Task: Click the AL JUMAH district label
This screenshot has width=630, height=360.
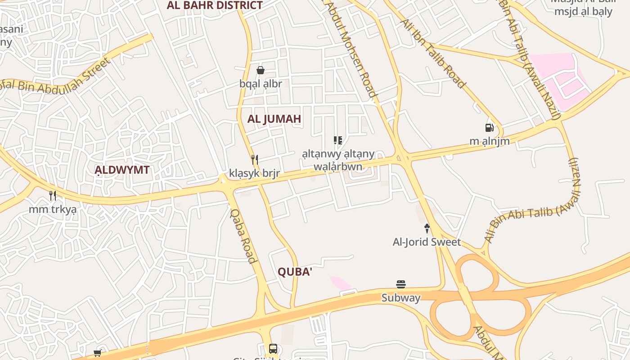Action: coord(274,119)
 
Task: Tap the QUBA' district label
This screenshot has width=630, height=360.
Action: coord(295,272)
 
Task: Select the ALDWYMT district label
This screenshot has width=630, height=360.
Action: coord(122,170)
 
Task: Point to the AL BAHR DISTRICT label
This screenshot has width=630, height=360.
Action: coord(215,5)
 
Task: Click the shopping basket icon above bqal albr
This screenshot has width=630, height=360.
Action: coord(261,70)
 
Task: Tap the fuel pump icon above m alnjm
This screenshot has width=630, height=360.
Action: coord(490,128)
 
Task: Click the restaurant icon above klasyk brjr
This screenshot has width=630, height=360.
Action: coord(255,159)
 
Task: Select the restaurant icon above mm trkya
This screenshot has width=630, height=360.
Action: coord(53,196)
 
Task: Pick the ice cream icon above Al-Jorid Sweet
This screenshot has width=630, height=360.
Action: coord(427,229)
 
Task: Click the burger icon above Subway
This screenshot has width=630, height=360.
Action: coord(401,284)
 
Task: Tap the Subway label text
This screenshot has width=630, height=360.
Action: coord(401,298)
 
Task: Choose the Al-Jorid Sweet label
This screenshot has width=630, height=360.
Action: coord(427,242)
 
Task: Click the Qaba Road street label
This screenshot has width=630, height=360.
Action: coord(243,236)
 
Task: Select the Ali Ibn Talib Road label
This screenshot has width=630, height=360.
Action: coord(432,53)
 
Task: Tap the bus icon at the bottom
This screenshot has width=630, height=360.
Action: coord(273,348)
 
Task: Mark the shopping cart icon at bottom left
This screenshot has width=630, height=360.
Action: coord(98,353)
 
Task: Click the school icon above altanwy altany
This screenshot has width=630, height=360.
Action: coord(338,140)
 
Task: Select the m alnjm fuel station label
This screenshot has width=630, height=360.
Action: coord(490,141)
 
